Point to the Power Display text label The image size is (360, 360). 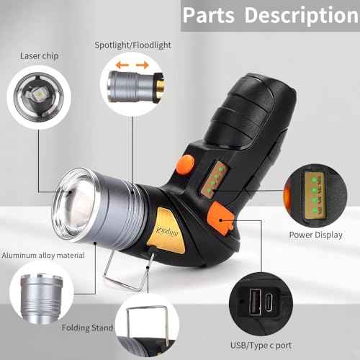pos(315,235)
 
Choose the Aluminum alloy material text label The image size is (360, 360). pos(42,255)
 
